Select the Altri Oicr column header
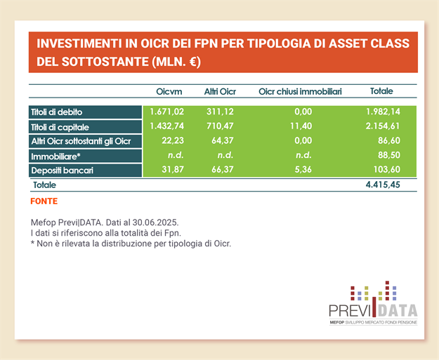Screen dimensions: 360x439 219,92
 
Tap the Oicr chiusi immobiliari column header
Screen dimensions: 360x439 300,92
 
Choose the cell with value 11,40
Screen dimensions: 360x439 300,126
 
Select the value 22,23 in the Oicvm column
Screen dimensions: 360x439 171,141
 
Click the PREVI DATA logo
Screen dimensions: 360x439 372,303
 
